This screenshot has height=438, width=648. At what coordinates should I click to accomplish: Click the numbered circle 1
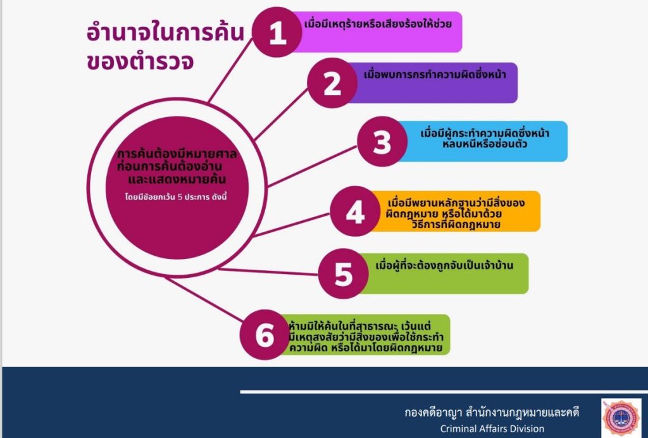coord(277,32)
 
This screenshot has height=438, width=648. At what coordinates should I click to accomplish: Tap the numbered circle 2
coord(332,83)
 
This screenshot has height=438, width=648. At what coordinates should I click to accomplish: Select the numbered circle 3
coord(382,142)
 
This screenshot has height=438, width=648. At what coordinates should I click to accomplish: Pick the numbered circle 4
coord(355,211)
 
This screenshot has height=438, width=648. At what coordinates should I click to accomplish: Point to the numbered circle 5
coord(344,273)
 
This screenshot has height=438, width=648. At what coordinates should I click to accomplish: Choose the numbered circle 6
coord(265,334)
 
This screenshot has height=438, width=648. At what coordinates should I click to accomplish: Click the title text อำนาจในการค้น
coord(165,33)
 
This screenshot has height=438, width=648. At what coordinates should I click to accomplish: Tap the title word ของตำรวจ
coord(140,62)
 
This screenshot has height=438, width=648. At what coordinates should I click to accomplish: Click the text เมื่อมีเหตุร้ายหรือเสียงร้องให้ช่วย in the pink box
coord(378,23)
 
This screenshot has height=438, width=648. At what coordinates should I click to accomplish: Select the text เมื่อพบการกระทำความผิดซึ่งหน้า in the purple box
coord(435,75)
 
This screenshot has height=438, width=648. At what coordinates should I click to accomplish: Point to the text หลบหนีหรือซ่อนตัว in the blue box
coord(485,144)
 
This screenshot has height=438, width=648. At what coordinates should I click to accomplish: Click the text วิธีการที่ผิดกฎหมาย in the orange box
coord(456,224)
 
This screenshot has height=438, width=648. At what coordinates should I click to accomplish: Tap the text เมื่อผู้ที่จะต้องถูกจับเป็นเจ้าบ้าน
coord(444,265)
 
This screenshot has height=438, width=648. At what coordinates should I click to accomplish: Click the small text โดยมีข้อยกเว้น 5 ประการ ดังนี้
coord(176,197)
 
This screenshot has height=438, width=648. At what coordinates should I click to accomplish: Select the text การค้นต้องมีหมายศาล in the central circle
coord(177,154)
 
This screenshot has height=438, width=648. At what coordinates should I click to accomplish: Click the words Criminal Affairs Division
coord(492,429)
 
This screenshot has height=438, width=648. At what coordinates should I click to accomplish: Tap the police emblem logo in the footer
coord(621,417)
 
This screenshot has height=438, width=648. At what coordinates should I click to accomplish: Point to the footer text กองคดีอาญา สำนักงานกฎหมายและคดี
coord(492,413)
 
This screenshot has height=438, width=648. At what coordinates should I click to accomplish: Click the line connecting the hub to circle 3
coord(312,166)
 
